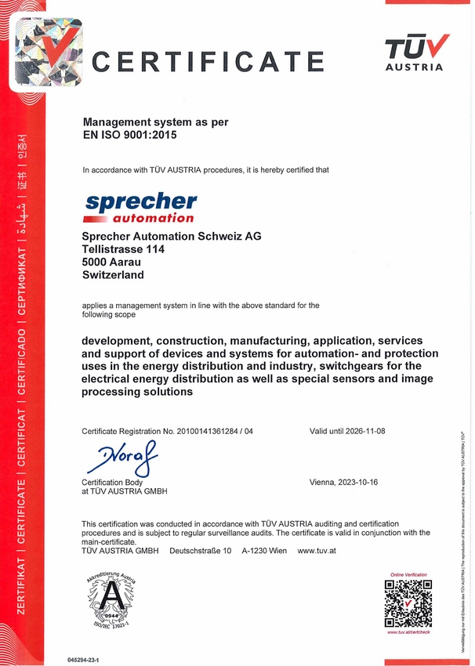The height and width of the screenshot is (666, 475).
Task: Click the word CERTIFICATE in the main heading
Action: [208, 60]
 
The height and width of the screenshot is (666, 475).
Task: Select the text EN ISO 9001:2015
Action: [130, 135]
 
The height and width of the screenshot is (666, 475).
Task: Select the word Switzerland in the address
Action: [113, 275]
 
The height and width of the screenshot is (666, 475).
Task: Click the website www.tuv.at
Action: [317, 551]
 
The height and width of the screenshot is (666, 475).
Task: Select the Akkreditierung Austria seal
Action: [113, 602]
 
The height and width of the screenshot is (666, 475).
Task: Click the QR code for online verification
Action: [408, 604]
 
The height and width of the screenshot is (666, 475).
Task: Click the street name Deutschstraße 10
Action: [201, 551]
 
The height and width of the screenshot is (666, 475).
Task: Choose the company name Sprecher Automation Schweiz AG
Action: [172, 236]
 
